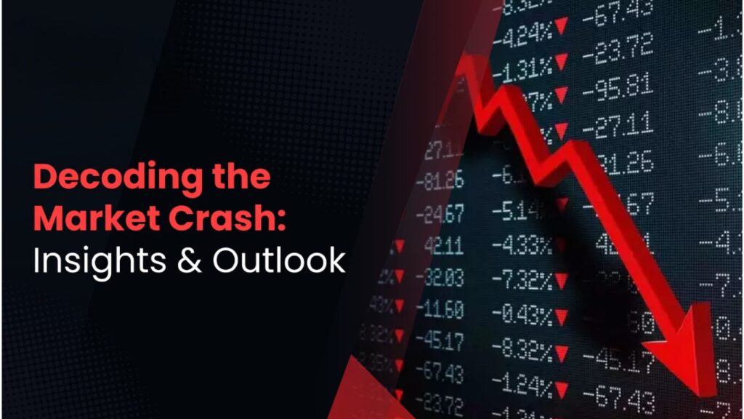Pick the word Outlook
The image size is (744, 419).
pyautogui.click(x=278, y=261)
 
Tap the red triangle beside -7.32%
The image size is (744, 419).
pyautogui.click(x=561, y=281)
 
